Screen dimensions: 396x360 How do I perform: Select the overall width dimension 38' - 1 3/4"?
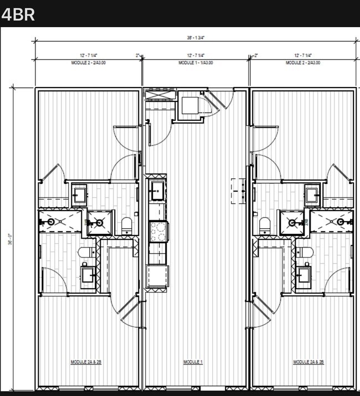196,38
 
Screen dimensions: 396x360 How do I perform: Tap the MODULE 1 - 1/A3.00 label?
196,63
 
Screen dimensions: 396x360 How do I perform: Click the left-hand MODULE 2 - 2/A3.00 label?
88,63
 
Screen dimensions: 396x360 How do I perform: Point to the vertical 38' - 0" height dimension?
10,241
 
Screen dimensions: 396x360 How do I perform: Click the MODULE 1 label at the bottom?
193,362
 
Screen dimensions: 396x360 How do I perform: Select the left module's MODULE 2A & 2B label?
86,362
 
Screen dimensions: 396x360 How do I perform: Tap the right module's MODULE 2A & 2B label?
308,362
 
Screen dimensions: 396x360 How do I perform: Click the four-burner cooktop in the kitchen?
157,231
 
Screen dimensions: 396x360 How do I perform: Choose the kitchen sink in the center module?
157,191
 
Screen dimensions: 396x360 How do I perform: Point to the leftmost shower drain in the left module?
52,222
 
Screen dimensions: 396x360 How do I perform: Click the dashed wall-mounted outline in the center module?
239,191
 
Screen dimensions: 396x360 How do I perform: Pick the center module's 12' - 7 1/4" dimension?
196,55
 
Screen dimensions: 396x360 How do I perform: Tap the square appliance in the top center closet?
190,105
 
